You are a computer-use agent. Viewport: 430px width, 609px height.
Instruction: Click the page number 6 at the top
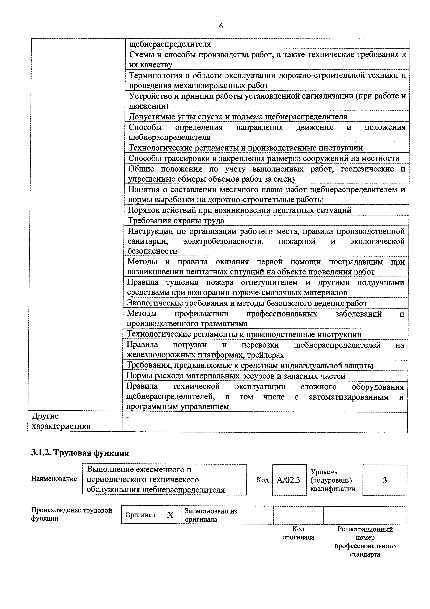tap(221, 26)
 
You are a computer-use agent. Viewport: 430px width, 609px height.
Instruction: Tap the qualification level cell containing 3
tap(384, 480)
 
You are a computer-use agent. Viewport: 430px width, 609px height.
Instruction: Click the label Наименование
tap(54, 479)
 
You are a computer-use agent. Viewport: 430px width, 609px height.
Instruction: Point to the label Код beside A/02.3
tap(262, 480)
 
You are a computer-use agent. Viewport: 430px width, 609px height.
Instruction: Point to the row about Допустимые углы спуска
tap(238, 117)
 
